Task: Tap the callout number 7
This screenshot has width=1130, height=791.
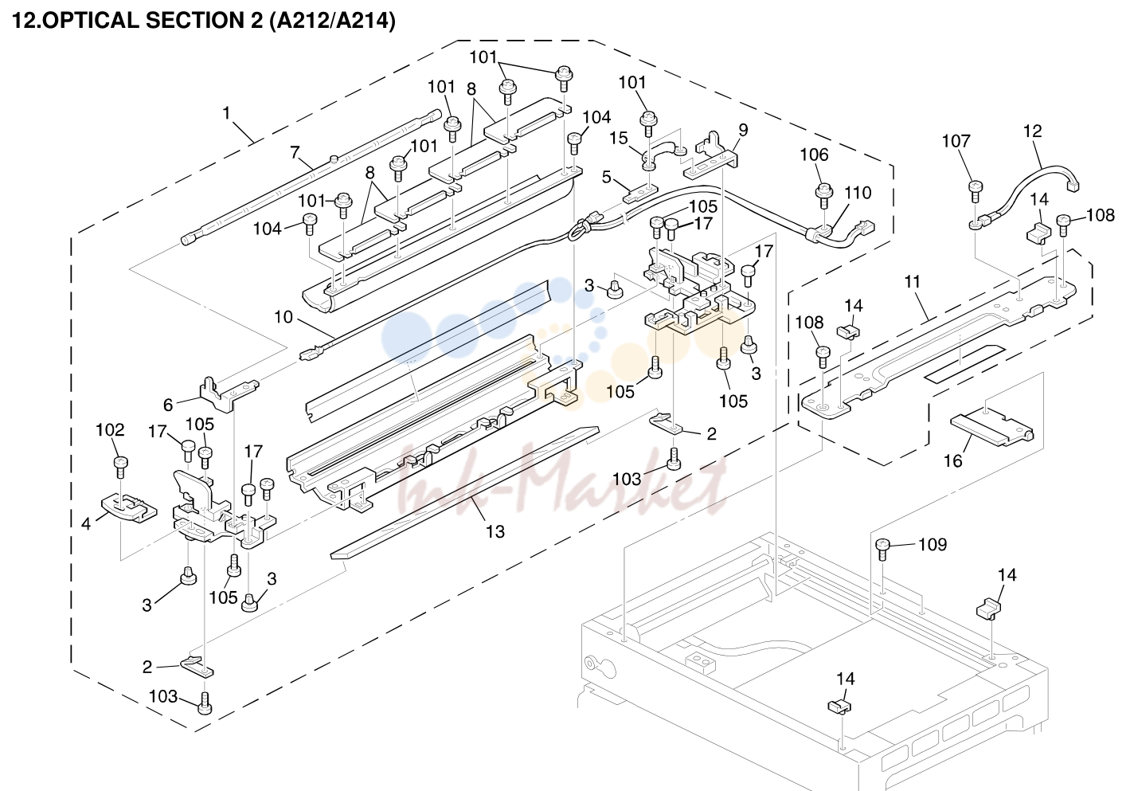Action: click(x=295, y=152)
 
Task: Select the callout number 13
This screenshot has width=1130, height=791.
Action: click(x=495, y=531)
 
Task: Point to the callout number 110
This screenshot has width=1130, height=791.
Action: click(x=858, y=193)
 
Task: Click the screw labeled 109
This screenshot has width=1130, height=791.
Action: click(x=882, y=549)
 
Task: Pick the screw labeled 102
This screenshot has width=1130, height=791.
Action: click(x=120, y=467)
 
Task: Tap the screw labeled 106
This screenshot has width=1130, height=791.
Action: click(x=823, y=196)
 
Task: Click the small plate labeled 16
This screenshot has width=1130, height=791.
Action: click(x=991, y=429)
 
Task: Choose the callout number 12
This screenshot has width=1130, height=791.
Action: click(x=1033, y=131)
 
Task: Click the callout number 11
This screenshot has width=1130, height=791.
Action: click(x=912, y=281)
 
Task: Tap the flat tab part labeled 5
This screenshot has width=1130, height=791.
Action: click(x=641, y=194)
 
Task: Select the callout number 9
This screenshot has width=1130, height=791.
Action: click(x=743, y=130)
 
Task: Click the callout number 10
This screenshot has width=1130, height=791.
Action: click(x=283, y=317)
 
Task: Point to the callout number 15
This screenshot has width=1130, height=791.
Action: click(x=619, y=139)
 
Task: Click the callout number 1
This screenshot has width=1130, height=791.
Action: click(x=226, y=113)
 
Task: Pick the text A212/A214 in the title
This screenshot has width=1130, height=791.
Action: click(x=332, y=21)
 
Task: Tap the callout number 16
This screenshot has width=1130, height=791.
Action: click(x=953, y=461)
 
